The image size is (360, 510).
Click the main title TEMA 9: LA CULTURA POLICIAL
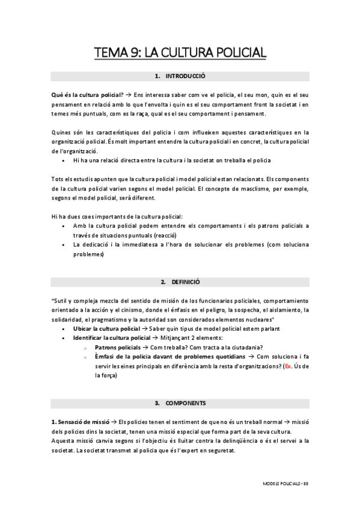click(180, 55)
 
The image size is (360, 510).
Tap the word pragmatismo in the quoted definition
click(133, 319)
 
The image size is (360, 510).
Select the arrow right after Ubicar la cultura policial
click(144, 328)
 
